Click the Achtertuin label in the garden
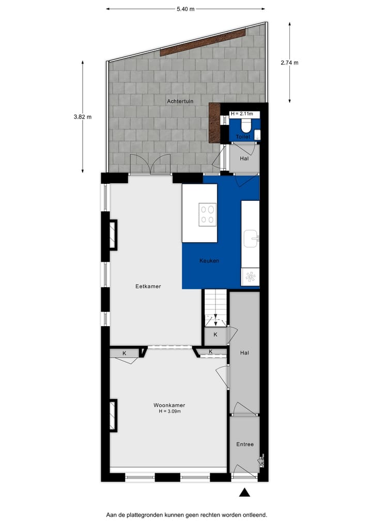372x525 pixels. pos(180,101)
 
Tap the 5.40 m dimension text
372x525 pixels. pos(185,9)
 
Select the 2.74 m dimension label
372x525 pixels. pos(289,62)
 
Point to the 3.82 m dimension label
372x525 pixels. pos(83,117)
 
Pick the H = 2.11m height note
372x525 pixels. pos(242,114)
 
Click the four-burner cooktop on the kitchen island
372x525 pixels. pos(208,214)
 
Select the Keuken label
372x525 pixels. pos(209,261)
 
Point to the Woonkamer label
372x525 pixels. pos(169,405)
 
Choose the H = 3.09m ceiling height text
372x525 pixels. pos(169,411)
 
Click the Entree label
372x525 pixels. pos(245,444)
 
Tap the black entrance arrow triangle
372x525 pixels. pos(244,493)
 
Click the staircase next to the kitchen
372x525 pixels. pos(215,307)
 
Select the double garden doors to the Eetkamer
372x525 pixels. pos(150,165)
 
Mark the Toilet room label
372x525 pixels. pos(243,137)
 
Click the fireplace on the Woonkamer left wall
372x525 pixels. pos(113,416)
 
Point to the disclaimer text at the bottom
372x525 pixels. pos(187,515)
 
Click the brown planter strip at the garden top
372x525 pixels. pos(203,42)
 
